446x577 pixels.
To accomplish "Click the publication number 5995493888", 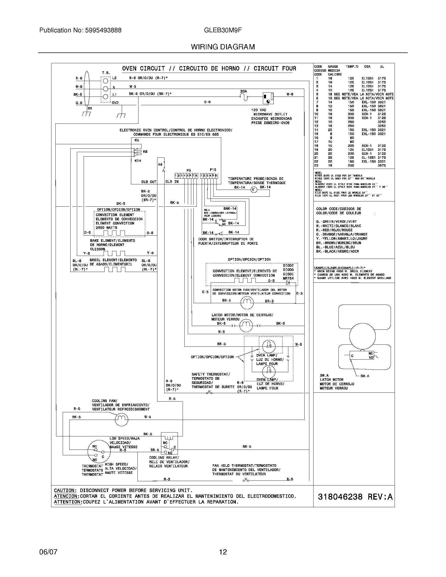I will pos(103,30).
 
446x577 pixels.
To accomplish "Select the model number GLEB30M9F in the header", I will pos(223,30).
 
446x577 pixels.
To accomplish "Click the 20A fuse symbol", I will pos(244,98).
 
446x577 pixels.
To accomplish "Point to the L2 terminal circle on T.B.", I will pos(105,81).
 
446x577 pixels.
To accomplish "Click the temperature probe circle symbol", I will pos(253,190).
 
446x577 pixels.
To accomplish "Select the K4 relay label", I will pos(160,165).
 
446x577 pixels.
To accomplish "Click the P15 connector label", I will pos(213,170).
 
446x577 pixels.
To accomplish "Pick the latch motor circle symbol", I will pos(246,325).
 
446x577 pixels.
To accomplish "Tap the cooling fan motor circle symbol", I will pos(121,419).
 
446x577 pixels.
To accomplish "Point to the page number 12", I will pos(223,552).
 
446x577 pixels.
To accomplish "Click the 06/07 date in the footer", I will pos(48,552).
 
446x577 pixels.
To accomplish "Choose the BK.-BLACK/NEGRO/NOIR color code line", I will pos(337,251).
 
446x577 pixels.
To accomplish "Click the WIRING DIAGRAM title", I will pos(223,47).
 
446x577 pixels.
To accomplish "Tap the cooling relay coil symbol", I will pos(169,438).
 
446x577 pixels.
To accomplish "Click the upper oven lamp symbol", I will pos(269,346).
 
